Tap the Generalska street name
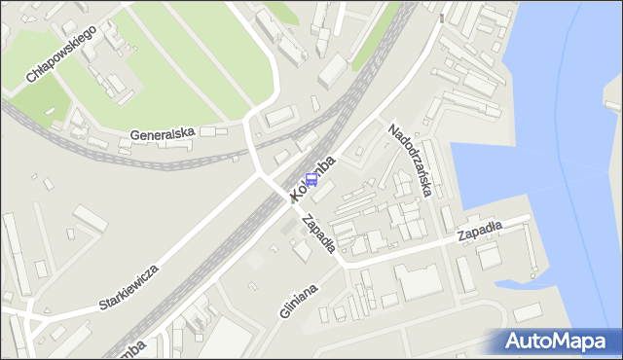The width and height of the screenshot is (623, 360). tap(164, 131)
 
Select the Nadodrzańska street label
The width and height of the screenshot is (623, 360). tap(410, 160)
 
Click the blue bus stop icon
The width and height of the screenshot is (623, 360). tap(312, 179)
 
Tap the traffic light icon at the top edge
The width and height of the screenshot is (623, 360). tap(442, 17)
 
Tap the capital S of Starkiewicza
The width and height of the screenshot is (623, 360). tap(103, 306)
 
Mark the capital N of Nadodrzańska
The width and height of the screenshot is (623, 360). tap(392, 128)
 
